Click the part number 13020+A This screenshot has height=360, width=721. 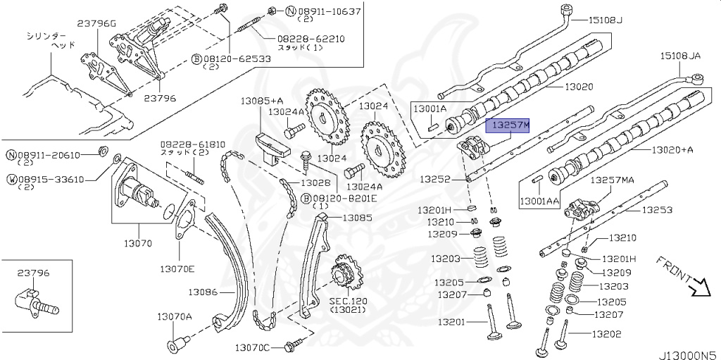(672, 149)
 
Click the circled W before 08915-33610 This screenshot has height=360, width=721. (12, 179)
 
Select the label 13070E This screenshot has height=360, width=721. (177, 268)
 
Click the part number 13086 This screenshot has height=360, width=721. (203, 291)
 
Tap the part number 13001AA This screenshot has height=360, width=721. (540, 201)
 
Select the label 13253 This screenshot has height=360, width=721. (657, 209)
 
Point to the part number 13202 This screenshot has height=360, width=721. (606, 335)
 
